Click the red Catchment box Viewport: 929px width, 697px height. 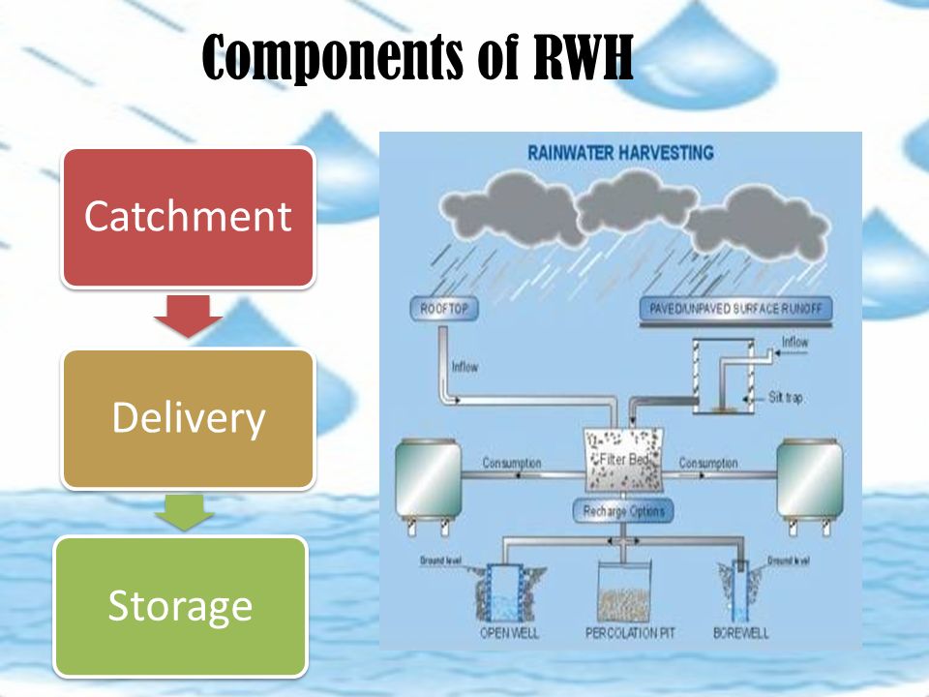click(x=188, y=216)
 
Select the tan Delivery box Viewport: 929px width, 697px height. click(x=188, y=418)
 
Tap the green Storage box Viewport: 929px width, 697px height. click(x=180, y=605)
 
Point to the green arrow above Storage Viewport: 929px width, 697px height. click(x=188, y=510)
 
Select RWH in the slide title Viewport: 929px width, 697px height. click(x=584, y=60)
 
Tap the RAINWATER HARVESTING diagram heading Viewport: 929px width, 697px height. click(x=620, y=153)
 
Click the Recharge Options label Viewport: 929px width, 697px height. click(x=624, y=510)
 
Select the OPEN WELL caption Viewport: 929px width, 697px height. click(x=509, y=633)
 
